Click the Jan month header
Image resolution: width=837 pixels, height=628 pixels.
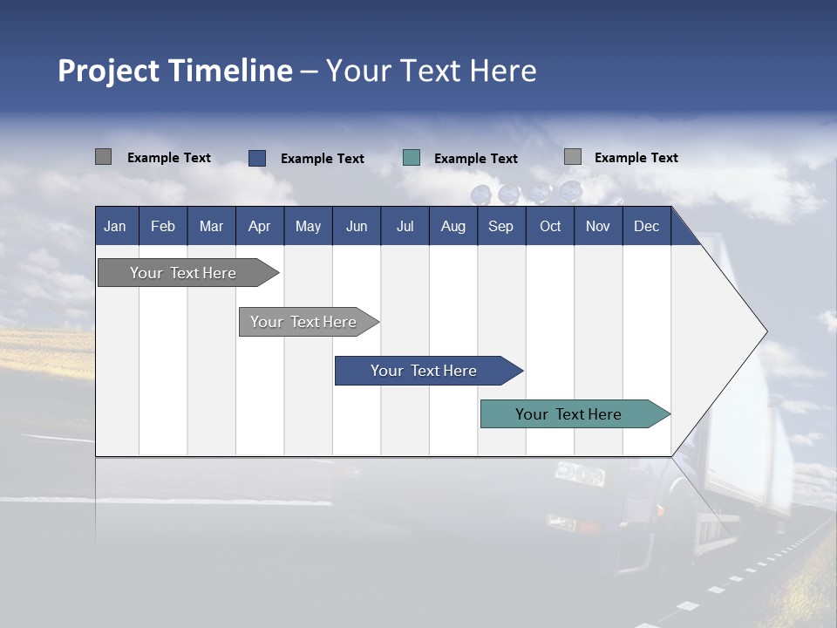coord(115,226)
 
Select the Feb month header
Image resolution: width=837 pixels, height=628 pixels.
coord(163,226)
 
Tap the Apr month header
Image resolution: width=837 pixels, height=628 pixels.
coord(259,226)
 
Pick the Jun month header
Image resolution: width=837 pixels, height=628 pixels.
coord(357,226)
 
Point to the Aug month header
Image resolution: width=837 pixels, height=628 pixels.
coord(453,226)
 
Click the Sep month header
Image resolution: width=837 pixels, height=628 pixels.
coord(500,226)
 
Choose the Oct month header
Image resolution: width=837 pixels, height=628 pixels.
coord(550,226)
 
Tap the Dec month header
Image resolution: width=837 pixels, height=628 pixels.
coord(646,226)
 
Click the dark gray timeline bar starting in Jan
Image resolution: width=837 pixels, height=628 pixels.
coord(183,273)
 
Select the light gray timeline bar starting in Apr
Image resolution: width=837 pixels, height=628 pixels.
coord(303,322)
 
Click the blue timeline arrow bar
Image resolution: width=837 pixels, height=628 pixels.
coord(424,371)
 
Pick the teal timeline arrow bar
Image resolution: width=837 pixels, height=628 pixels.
coord(568,414)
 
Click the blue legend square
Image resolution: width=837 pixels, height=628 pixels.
coord(257,158)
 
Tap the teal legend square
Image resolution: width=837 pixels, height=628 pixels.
coord(412,158)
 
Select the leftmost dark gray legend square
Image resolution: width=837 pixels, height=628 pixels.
coord(104,157)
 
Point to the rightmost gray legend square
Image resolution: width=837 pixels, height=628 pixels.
coord(573,157)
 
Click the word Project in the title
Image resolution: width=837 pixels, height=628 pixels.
coord(107,71)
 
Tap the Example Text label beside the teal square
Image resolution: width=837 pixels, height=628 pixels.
coord(475,159)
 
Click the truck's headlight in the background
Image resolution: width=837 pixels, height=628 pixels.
coord(579,474)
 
